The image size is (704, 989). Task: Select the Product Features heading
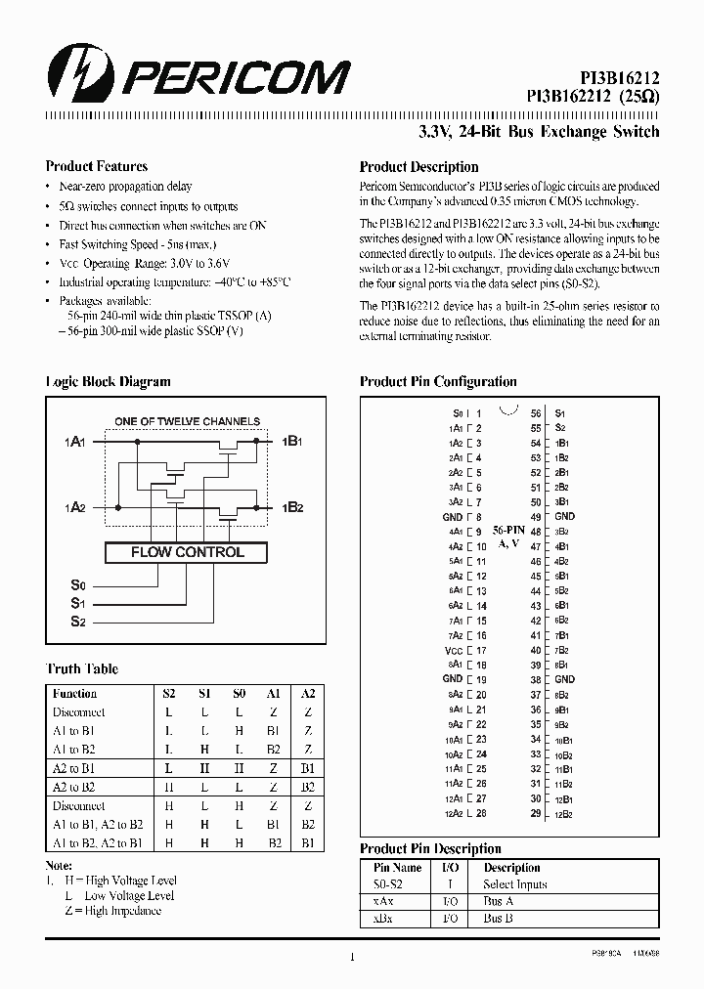pos(97,166)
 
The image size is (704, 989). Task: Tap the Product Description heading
pos(418,167)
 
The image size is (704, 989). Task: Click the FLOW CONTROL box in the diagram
pos(187,552)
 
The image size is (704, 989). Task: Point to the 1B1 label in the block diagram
pos(292,442)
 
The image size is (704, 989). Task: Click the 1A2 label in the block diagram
pos(76,508)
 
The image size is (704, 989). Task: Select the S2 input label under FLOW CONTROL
pos(78,622)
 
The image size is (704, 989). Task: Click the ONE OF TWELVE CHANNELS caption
pos(187,421)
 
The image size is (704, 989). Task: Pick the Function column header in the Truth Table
pos(75,693)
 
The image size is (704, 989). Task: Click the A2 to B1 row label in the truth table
pos(73,768)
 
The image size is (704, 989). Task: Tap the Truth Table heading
pos(82,669)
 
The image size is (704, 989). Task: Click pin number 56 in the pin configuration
pos(535,413)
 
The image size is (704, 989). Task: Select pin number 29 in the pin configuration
pos(535,814)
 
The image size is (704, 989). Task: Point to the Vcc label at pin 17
pos(453,651)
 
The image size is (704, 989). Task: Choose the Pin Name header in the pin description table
pos(397,868)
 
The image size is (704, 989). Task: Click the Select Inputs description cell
pos(515,884)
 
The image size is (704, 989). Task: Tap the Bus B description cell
pos(499,920)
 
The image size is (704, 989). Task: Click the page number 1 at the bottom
pos(351,960)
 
